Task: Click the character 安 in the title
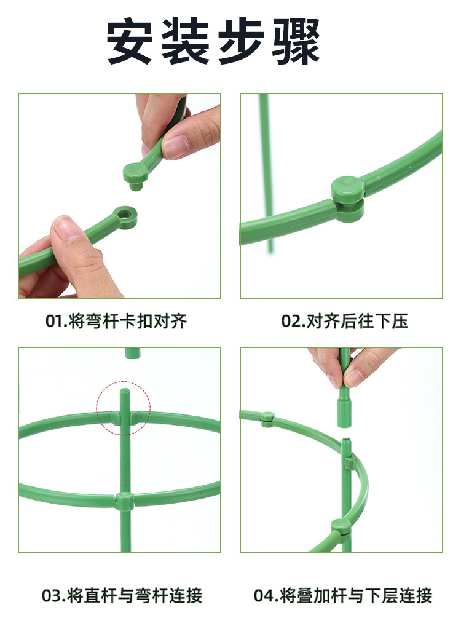point(129,41)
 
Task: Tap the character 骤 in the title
point(296,41)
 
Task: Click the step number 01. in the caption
point(57,321)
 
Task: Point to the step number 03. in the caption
point(54,595)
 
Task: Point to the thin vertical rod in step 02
point(266,173)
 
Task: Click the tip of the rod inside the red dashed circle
point(125,390)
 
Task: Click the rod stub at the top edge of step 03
point(133,353)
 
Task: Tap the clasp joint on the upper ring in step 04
point(267,419)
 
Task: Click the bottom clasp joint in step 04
point(341,527)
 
